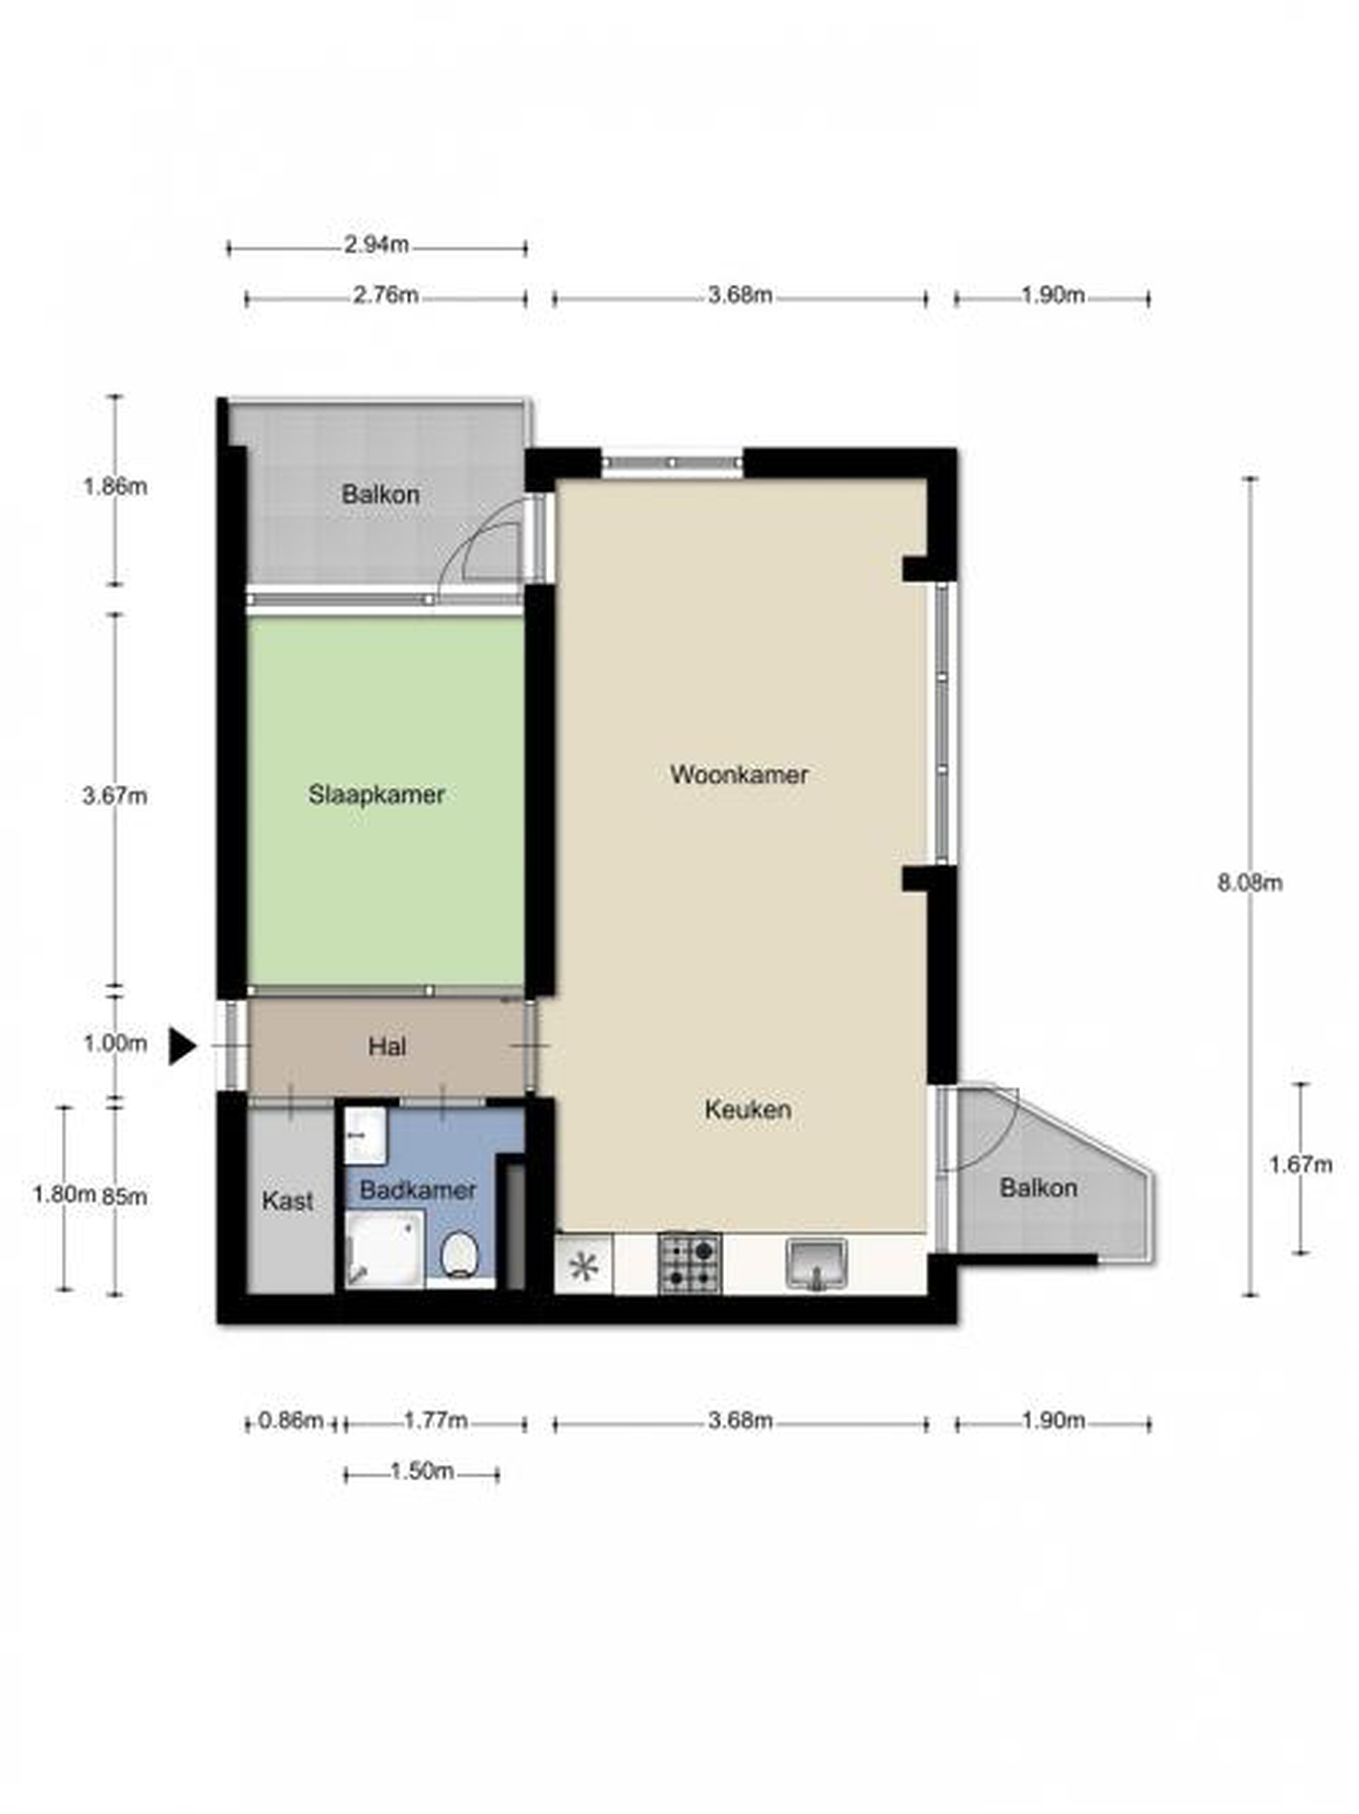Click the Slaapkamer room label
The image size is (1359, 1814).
click(x=377, y=795)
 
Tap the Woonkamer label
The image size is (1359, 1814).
click(x=739, y=775)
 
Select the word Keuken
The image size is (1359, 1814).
click(x=748, y=1110)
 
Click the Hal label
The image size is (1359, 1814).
click(x=387, y=1047)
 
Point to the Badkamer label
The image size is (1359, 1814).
click(x=418, y=1190)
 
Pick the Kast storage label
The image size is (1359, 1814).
click(x=287, y=1201)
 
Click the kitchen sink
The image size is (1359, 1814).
click(x=816, y=1264)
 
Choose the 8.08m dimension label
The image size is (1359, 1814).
click(x=1250, y=883)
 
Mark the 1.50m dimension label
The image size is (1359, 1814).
click(x=421, y=1471)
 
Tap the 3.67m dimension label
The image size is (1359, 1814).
click(x=115, y=796)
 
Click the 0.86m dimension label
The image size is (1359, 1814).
click(x=291, y=1420)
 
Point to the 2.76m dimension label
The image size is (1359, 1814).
click(x=385, y=295)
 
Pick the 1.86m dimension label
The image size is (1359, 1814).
click(x=115, y=487)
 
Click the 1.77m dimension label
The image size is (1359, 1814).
click(x=436, y=1420)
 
